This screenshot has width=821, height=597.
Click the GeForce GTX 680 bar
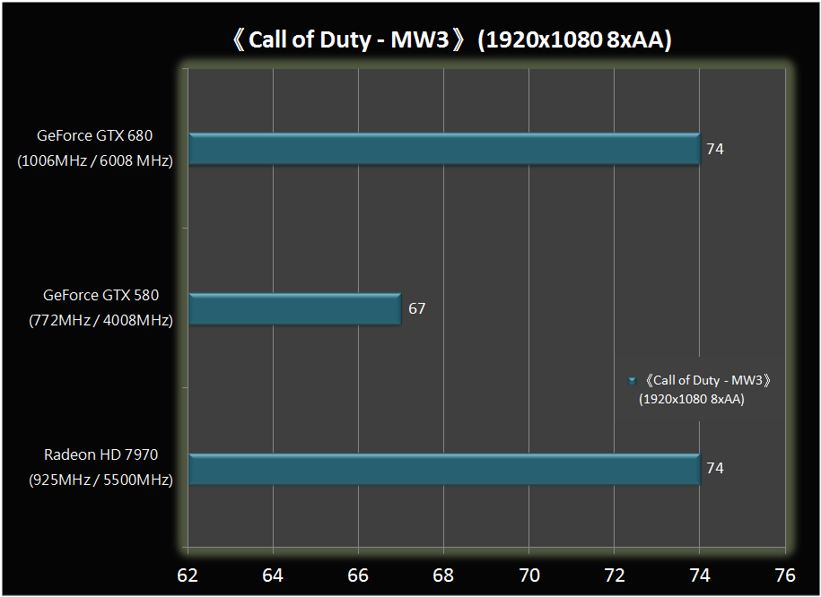pos(443,149)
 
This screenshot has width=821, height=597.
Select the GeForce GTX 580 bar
pos(294,309)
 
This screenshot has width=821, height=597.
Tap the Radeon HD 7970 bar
pos(443,469)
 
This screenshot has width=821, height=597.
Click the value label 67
pos(416,309)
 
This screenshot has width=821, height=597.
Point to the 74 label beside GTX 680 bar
pos(714,149)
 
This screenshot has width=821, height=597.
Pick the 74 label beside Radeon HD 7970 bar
pos(714,468)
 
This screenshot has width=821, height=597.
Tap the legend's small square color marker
pos(633,381)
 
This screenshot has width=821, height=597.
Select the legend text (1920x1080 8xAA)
pos(691,400)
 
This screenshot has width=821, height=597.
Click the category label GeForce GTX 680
pos(95,136)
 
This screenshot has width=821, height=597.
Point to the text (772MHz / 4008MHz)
pos(100,319)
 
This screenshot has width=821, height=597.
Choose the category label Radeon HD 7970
pos(100,455)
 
